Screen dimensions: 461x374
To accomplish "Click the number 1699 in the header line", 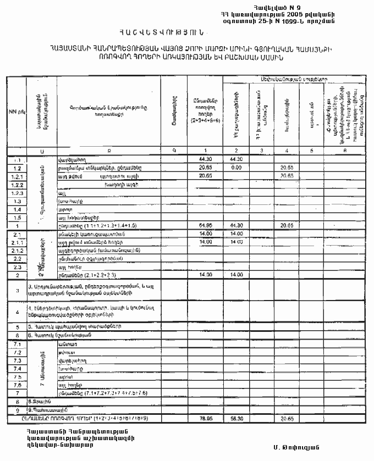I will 305,20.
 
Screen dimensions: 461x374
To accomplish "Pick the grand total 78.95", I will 205,418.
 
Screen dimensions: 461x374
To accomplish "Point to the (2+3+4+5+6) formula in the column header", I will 205,119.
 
